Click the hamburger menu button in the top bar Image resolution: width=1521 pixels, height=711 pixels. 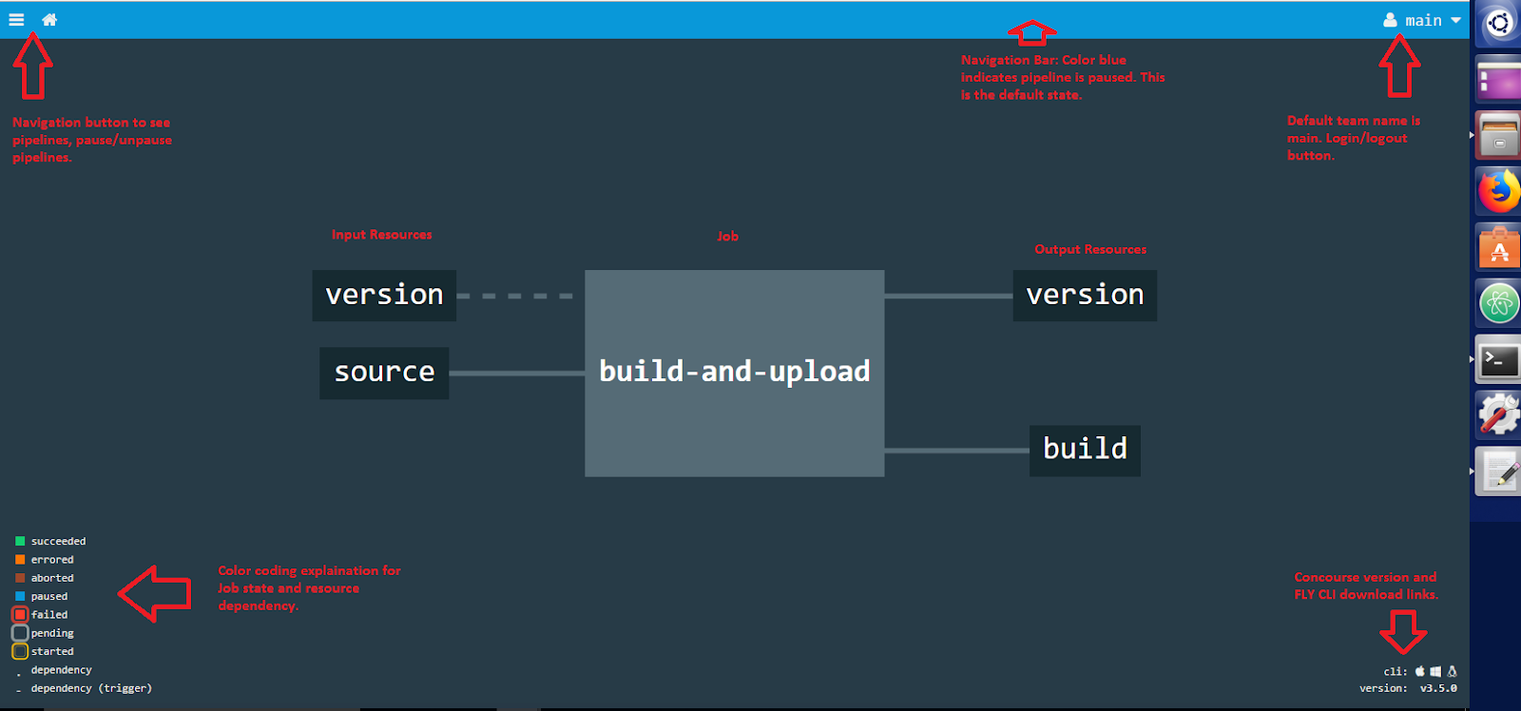(x=16, y=19)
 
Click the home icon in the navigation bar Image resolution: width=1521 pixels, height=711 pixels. (x=49, y=19)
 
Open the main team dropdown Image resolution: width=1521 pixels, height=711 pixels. (x=1422, y=20)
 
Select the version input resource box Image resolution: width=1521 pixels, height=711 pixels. (x=384, y=296)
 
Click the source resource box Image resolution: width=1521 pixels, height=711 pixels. (x=384, y=373)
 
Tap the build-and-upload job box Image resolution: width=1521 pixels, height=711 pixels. (x=734, y=373)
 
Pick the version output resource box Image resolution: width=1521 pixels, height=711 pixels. (x=1085, y=296)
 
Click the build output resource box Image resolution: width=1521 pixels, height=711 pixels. (x=1085, y=450)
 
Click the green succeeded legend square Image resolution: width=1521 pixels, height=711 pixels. (x=20, y=541)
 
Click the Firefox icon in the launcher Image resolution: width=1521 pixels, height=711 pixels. (x=1498, y=191)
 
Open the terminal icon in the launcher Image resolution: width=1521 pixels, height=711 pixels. (x=1498, y=359)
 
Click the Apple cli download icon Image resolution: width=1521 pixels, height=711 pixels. (x=1420, y=671)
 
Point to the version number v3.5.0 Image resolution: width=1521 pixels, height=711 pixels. (x=1438, y=688)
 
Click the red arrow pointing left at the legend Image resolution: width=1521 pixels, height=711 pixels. (x=155, y=594)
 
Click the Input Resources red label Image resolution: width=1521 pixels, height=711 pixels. (x=381, y=235)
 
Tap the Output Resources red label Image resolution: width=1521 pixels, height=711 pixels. (x=1090, y=250)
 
